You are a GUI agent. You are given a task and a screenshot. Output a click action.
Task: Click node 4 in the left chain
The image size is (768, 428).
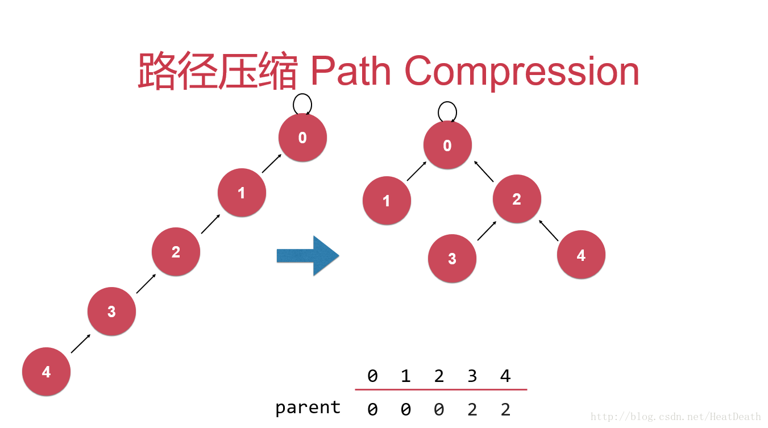(x=46, y=372)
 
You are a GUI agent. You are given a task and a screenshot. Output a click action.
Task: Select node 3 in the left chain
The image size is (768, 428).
(x=111, y=311)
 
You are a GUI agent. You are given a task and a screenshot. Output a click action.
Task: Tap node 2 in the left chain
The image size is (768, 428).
(x=176, y=252)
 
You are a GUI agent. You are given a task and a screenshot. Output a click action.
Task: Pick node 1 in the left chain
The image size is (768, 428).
(x=242, y=193)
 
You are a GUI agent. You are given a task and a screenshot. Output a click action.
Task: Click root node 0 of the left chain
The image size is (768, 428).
(x=302, y=138)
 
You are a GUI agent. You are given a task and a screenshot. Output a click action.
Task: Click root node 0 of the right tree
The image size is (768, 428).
(x=447, y=146)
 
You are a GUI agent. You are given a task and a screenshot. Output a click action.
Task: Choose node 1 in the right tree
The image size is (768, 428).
(x=387, y=201)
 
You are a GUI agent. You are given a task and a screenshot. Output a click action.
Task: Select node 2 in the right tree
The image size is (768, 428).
(x=517, y=199)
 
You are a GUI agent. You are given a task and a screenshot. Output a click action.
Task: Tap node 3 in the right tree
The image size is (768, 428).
(x=452, y=259)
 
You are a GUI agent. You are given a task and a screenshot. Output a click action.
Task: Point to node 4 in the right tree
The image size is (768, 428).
(x=581, y=255)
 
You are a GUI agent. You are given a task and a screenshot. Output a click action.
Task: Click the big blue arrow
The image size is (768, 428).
(x=308, y=256)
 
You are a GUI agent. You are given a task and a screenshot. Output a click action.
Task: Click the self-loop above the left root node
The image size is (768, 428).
(x=302, y=103)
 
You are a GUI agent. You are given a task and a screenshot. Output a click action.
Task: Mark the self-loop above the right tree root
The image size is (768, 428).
(x=447, y=111)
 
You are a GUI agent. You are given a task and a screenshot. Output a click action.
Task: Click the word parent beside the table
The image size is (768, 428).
(x=308, y=407)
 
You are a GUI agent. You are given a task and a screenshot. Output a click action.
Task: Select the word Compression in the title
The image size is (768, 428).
(x=521, y=71)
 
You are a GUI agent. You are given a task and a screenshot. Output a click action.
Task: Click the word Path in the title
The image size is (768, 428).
(x=351, y=71)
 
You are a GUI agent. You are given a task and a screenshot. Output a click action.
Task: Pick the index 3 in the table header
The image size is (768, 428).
(x=472, y=376)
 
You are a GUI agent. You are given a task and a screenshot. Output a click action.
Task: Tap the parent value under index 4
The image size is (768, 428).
(x=505, y=409)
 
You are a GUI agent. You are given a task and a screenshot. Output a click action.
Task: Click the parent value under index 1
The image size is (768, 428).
(x=405, y=409)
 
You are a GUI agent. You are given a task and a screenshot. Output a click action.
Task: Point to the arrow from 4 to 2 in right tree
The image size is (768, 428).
(x=549, y=230)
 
